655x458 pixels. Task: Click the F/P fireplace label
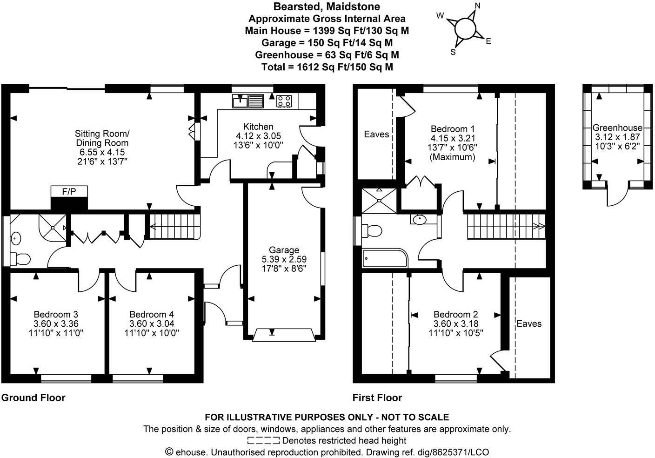[x=68, y=191]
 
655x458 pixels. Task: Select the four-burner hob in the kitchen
[x=284, y=101]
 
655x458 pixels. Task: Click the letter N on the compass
[x=477, y=6]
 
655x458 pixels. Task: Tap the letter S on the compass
[x=453, y=52]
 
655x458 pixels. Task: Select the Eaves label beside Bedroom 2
[x=529, y=323]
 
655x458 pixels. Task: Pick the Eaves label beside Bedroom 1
[x=376, y=134]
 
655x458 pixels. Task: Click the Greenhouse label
[x=617, y=128]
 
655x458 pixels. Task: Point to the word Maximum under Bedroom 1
[x=453, y=157]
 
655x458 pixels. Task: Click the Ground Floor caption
[x=33, y=397]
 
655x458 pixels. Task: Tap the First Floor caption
[x=377, y=397]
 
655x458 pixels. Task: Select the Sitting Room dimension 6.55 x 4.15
[x=102, y=152]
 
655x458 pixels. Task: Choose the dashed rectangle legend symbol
[x=263, y=440]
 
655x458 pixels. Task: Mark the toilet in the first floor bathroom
[x=374, y=230]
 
